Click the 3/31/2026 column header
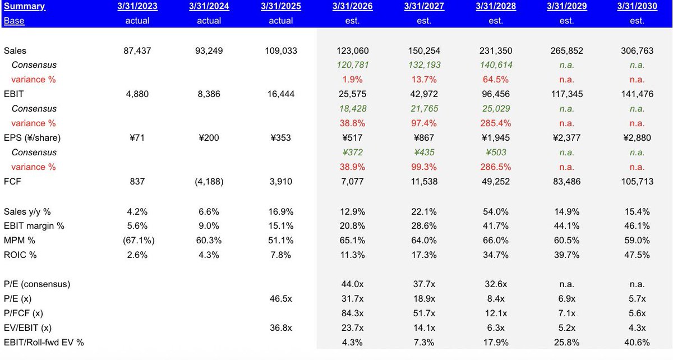(352, 7)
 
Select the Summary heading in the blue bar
(24, 7)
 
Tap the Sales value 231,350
(495, 50)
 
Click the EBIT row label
(13, 94)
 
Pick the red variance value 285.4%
(495, 123)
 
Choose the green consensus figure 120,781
(352, 65)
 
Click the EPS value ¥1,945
(495, 137)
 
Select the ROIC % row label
(20, 255)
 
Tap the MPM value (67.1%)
(137, 240)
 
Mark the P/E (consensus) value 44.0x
(352, 284)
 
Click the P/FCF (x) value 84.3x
(352, 313)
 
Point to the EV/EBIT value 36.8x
(281, 327)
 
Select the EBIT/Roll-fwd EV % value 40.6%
(637, 342)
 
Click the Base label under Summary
(14, 21)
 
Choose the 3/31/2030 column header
(638, 7)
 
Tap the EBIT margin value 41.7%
(495, 225)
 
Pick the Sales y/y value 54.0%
(495, 211)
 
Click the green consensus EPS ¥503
(495, 152)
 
